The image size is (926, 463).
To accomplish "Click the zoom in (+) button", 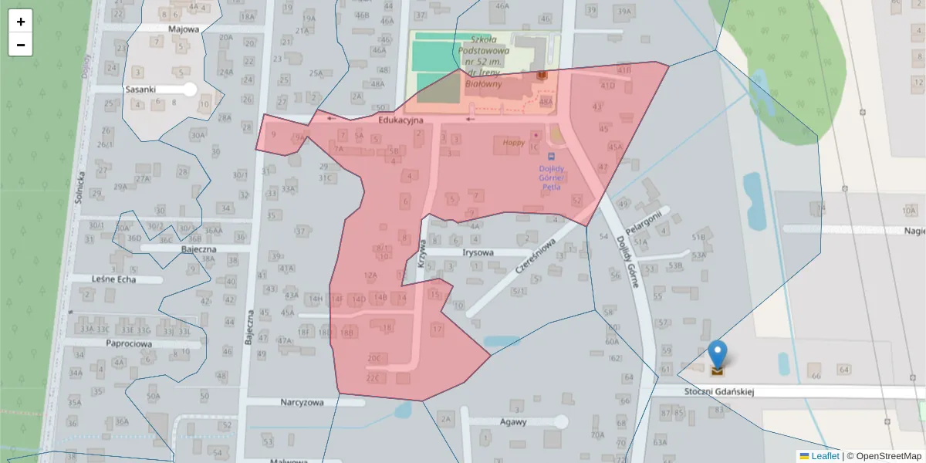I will (21, 22).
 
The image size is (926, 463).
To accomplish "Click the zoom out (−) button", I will (21, 45).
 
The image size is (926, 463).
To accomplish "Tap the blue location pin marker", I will (718, 356).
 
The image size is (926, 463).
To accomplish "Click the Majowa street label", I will (184, 29).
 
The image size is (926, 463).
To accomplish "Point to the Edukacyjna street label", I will (400, 120).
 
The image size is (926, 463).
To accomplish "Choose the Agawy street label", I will (513, 422).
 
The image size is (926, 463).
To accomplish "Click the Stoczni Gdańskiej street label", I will (718, 392).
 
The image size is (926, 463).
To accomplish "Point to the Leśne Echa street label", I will (114, 278).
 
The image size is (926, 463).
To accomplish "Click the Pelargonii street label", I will (644, 222).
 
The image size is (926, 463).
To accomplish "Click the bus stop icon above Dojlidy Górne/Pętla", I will (551, 157).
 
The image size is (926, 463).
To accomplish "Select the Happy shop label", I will (513, 143).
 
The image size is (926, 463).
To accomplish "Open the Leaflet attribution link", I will (825, 456).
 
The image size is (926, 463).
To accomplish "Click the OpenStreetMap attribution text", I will (884, 456).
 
